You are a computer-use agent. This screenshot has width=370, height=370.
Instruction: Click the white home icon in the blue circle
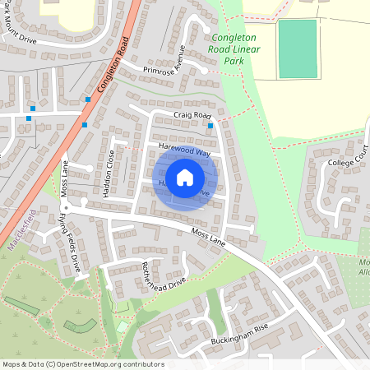pos(185,177)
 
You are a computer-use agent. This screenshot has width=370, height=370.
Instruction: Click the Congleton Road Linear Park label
pos(238,49)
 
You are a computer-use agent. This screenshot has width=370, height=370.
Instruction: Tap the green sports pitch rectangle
pos(298,49)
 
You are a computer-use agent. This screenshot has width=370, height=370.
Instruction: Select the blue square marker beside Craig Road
pos(211,126)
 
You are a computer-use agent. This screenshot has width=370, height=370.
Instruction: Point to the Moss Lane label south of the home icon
pos(208,239)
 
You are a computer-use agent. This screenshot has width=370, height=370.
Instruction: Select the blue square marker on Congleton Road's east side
pos(88,99)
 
